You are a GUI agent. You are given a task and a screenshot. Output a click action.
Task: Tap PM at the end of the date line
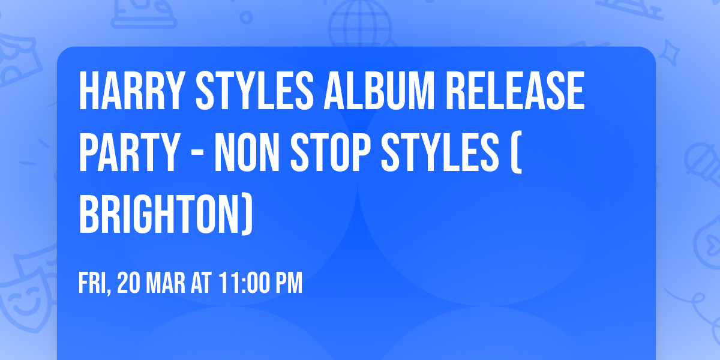pyautogui.click(x=290, y=283)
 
